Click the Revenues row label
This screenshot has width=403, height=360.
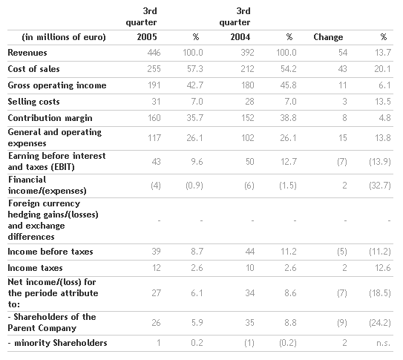27,53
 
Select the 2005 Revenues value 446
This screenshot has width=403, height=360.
154,53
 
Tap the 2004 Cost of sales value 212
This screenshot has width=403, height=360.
247,69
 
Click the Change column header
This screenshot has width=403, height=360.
328,37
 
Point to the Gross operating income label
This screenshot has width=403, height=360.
57,85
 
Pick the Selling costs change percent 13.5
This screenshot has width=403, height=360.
383,102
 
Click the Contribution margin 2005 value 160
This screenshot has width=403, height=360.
154,118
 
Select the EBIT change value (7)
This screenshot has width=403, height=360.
342,162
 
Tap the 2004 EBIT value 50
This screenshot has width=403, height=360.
249,162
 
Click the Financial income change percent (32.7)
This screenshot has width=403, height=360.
380,186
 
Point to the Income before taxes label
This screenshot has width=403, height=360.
50,252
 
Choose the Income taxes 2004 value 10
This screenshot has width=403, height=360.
250,268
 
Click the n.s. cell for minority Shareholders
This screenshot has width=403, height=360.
384,343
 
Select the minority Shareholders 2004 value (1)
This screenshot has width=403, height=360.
249,343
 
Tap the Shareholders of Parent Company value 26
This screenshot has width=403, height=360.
156,323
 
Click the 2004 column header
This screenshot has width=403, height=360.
240,37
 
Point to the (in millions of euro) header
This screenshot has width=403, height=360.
64,37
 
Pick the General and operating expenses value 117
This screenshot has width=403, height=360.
154,138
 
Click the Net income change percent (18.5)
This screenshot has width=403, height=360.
380,293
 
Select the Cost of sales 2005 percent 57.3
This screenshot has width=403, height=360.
194,69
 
